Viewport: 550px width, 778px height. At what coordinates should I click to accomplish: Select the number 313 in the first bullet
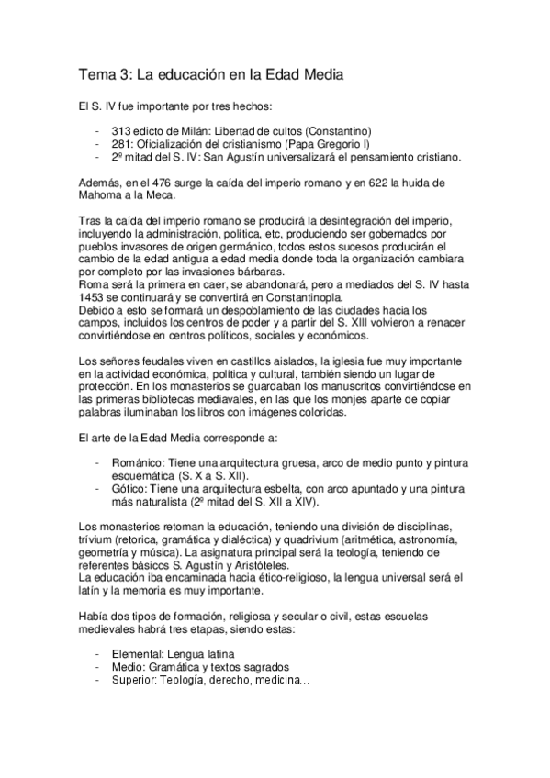tap(121, 132)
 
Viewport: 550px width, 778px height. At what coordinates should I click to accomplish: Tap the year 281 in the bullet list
tap(121, 144)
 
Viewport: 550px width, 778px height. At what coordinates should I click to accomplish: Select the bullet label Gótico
tap(129, 490)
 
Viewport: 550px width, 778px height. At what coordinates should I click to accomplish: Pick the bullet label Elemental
tap(137, 654)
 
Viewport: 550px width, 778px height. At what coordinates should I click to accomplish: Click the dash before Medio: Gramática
tap(97, 667)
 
